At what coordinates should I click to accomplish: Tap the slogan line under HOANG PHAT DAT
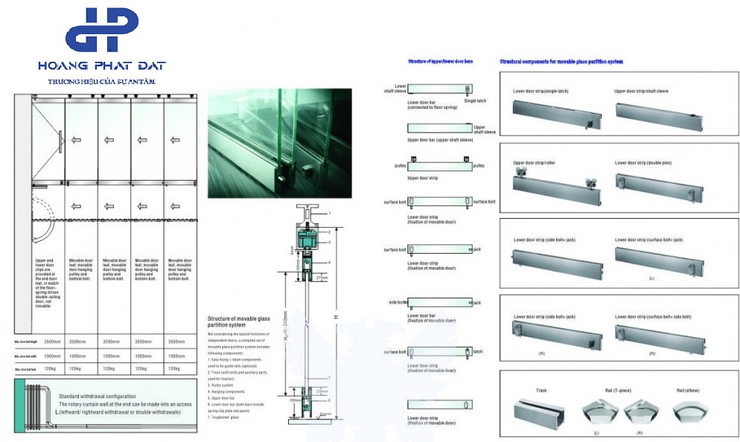[x=101, y=80]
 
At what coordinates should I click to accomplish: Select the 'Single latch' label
[x=474, y=100]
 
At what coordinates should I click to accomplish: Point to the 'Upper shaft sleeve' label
[x=484, y=129]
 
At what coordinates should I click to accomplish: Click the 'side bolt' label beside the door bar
[x=396, y=302]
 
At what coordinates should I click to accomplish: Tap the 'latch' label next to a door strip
[x=478, y=351]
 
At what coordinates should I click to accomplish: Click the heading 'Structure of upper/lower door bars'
[x=440, y=61]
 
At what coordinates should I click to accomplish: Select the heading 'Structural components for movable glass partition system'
[x=561, y=61]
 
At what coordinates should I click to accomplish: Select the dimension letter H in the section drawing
[x=337, y=318]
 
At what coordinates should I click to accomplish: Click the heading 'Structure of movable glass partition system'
[x=238, y=321]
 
